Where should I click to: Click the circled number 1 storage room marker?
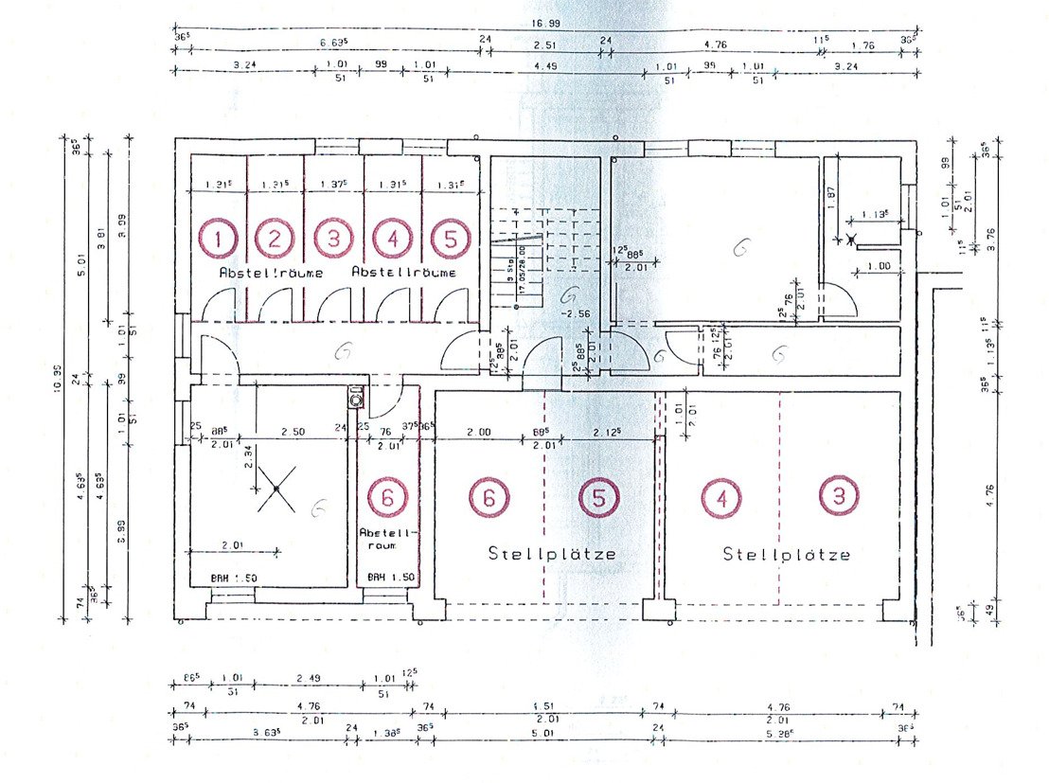tap(219, 239)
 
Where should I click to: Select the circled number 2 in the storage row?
tap(275, 239)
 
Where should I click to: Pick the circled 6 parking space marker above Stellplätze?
tap(489, 497)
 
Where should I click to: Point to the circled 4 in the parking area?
tap(721, 497)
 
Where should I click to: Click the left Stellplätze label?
tap(552, 553)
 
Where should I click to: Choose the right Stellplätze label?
tap(786, 554)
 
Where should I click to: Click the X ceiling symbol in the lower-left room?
tap(276, 489)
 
